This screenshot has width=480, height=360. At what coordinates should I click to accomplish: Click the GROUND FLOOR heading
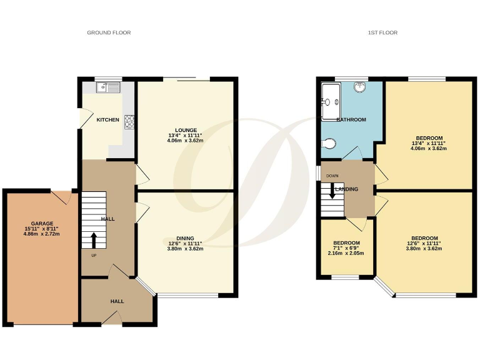click(x=109, y=32)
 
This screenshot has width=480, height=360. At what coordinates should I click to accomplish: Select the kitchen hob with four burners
click(x=130, y=121)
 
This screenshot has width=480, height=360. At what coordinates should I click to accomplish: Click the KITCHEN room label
click(x=107, y=120)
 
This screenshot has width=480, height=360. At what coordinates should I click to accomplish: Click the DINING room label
click(x=185, y=238)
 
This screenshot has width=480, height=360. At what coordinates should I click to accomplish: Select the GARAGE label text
click(x=42, y=223)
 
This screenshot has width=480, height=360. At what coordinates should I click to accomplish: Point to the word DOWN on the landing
click(x=329, y=176)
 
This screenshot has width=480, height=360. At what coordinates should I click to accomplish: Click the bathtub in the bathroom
click(x=331, y=100)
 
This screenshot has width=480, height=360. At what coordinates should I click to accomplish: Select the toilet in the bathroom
click(x=330, y=144)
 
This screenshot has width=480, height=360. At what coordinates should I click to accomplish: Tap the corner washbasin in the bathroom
click(x=360, y=87)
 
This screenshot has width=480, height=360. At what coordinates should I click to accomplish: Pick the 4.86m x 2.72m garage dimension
click(x=42, y=234)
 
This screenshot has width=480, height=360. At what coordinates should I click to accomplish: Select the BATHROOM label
click(x=351, y=119)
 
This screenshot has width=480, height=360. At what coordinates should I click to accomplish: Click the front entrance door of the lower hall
click(x=111, y=319)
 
